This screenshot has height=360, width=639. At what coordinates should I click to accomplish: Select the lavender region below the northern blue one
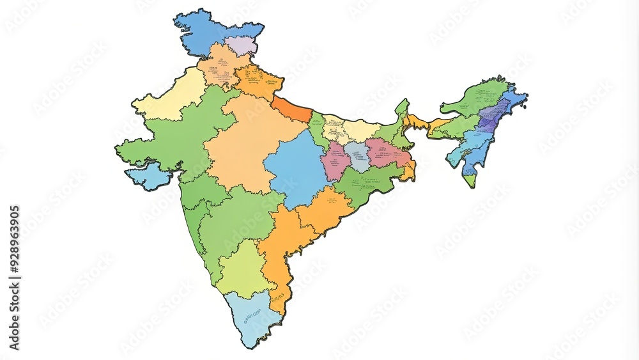241,45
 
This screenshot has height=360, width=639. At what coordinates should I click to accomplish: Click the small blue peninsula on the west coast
148,176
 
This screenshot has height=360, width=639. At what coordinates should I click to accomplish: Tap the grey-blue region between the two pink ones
357,157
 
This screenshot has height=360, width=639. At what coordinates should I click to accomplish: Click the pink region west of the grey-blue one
335,161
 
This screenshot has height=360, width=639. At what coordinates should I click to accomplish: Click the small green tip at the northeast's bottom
471,180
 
